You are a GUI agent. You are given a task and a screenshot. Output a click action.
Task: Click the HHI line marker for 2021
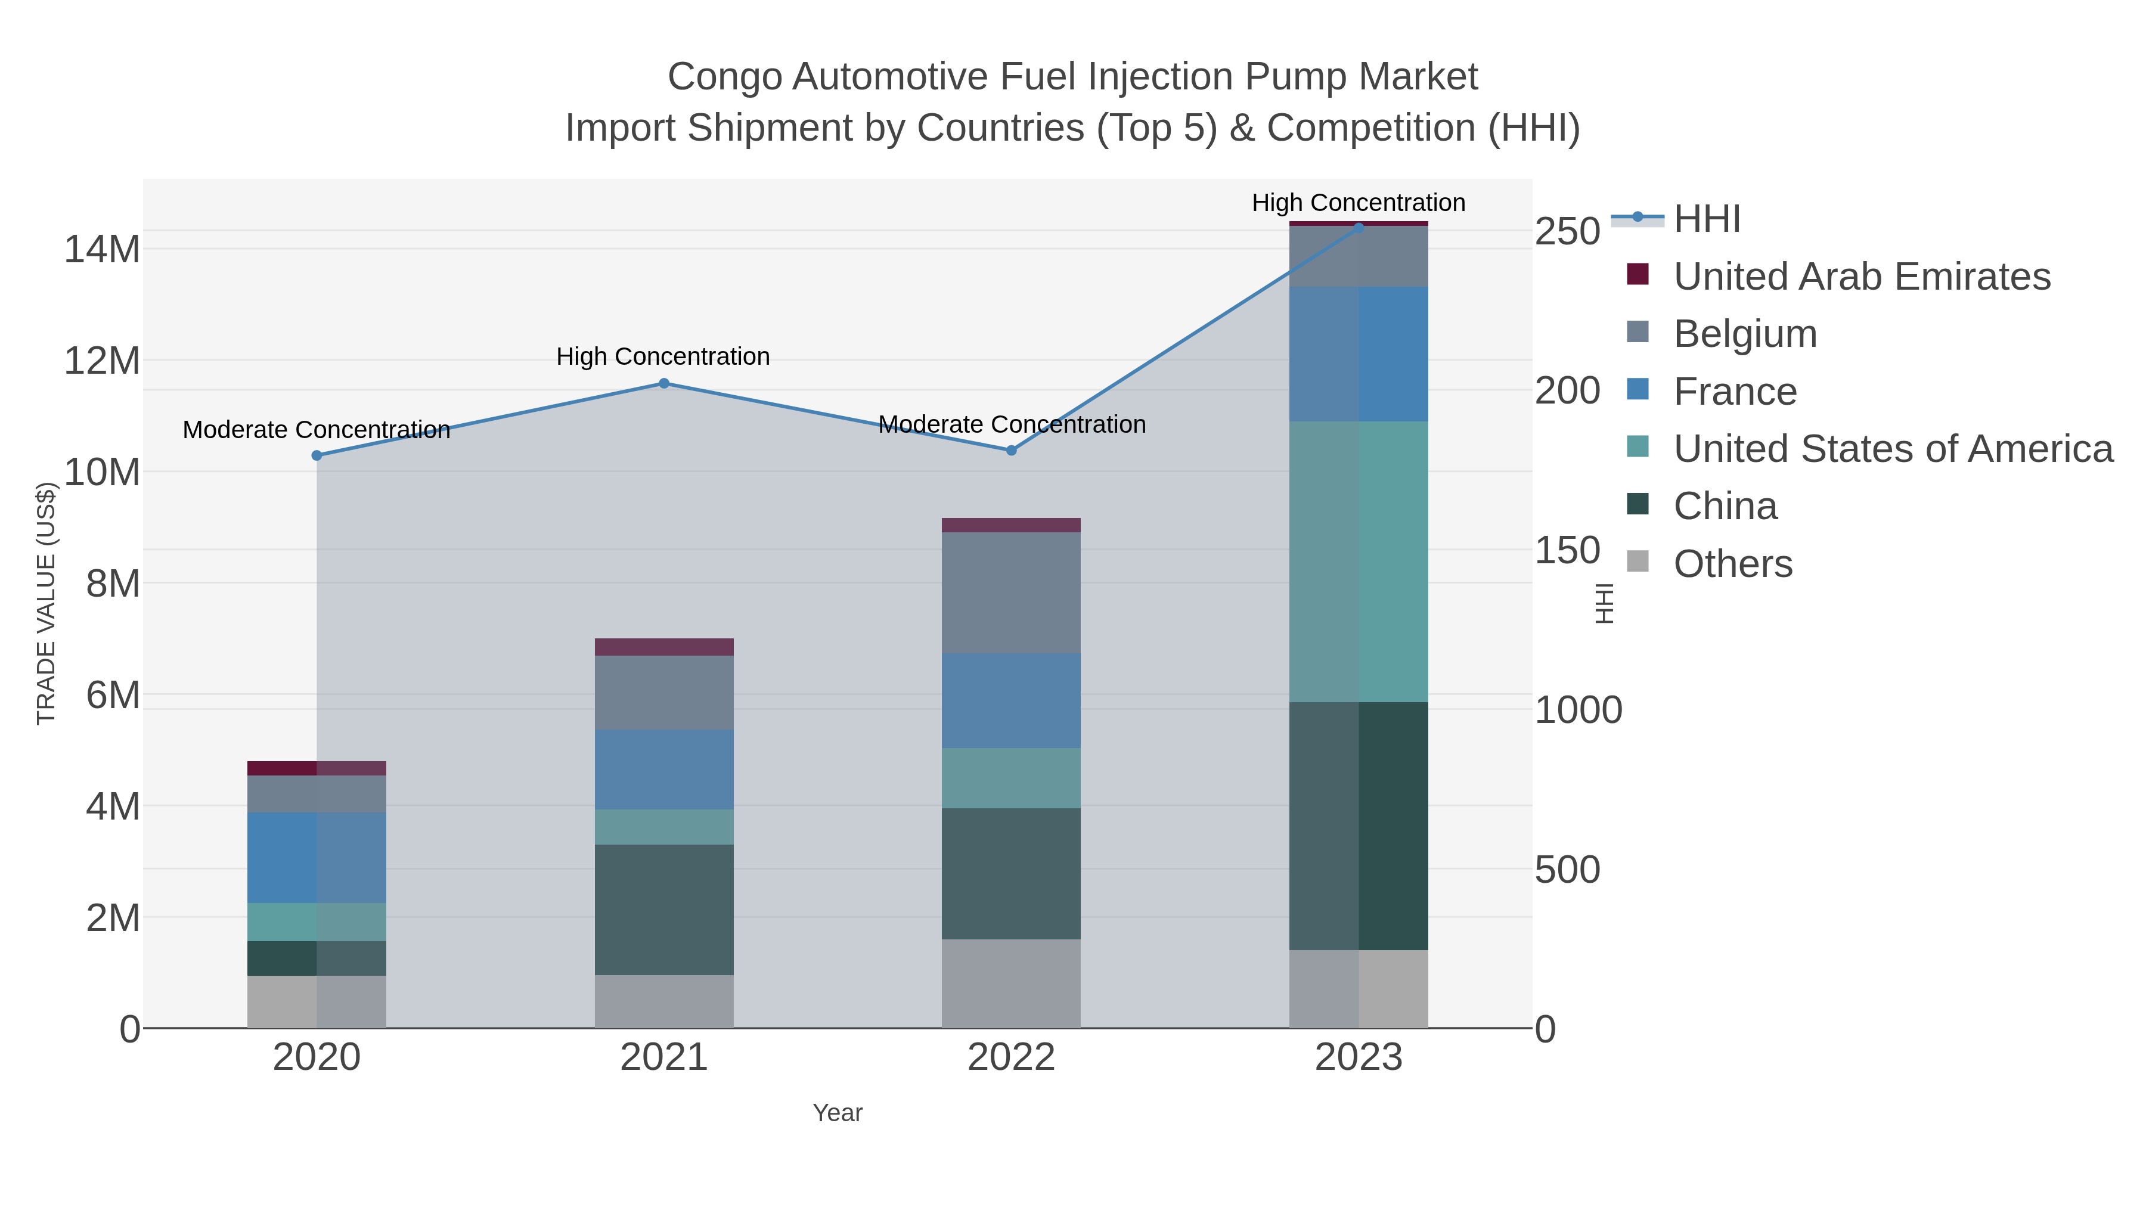click(664, 383)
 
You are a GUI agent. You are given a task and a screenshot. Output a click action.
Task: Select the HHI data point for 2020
click(317, 455)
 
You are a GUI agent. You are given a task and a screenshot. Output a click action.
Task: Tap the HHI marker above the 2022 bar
click(1012, 451)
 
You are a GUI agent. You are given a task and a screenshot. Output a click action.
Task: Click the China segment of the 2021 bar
click(664, 910)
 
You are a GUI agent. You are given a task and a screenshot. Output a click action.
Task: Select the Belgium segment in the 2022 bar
click(1012, 592)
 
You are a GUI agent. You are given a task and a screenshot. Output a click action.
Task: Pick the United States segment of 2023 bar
click(1359, 561)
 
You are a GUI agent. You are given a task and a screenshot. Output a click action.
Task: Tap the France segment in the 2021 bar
click(664, 769)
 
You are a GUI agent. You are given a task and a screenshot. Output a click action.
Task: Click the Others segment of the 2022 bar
click(1012, 983)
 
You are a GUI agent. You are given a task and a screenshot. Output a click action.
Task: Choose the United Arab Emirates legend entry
click(1861, 277)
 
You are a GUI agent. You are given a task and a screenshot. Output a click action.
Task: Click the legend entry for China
click(1725, 507)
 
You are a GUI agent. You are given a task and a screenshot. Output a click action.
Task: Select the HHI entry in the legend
click(1706, 219)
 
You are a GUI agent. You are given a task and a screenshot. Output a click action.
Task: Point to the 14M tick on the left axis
click(101, 249)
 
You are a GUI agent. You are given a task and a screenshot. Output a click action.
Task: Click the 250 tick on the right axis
click(1567, 232)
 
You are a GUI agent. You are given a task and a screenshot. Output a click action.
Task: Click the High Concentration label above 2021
click(663, 356)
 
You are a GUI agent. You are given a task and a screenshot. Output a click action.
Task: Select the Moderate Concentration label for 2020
click(317, 430)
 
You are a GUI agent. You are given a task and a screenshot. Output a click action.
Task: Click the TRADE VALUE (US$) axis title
click(46, 603)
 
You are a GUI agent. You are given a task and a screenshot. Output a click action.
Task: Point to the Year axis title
click(838, 1113)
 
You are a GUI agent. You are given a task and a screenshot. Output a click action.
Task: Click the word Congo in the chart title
click(725, 77)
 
